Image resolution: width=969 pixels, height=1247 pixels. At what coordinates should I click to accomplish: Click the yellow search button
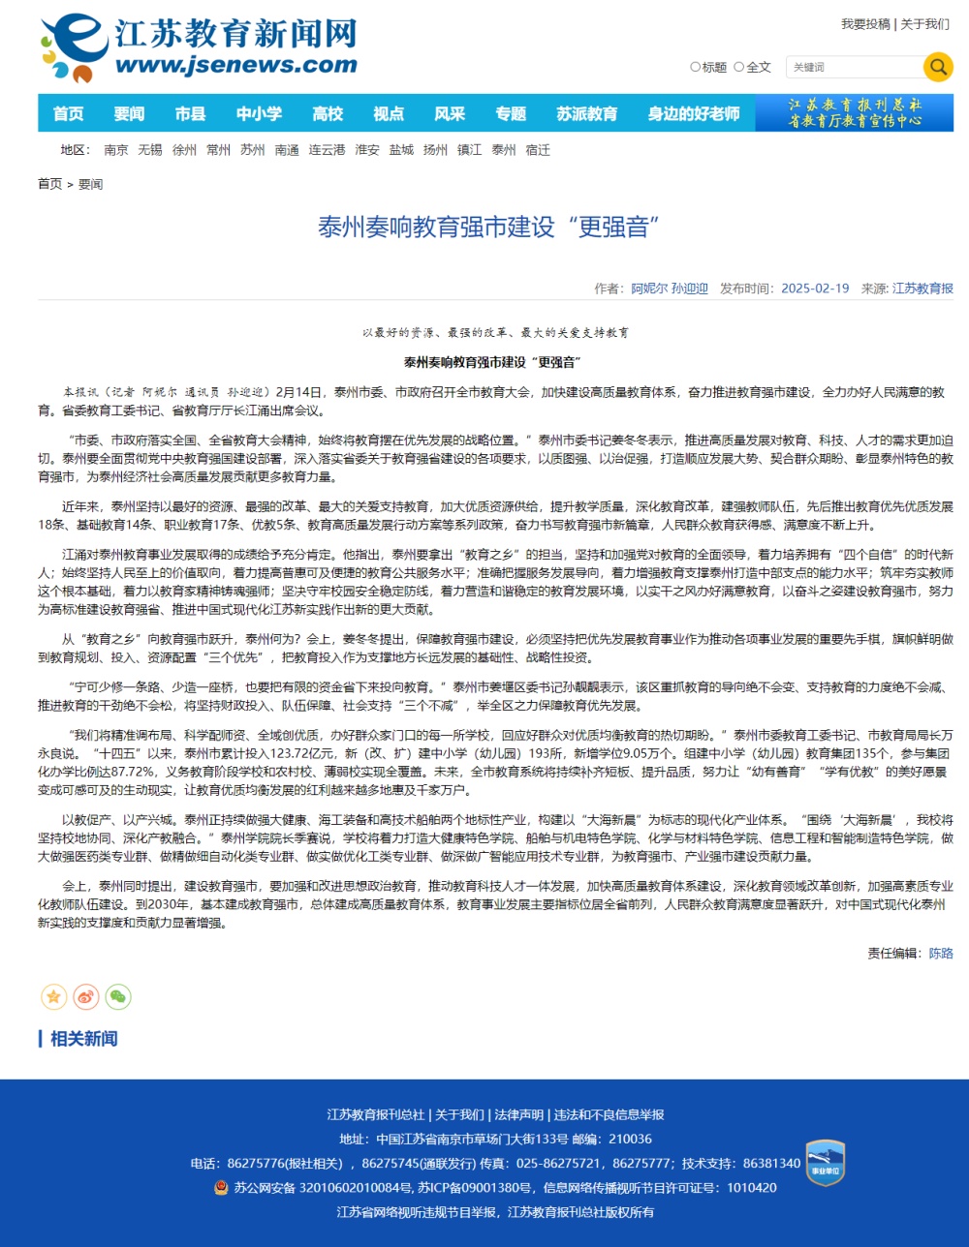coord(937,67)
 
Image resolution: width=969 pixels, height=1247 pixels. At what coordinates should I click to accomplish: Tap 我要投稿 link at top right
coord(864,24)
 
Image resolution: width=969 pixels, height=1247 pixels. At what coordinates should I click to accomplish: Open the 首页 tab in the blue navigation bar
coord(68,113)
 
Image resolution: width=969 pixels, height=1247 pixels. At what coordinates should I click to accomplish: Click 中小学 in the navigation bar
coord(259,113)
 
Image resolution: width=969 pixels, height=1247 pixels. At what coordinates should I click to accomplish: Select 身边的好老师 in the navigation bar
coord(693,113)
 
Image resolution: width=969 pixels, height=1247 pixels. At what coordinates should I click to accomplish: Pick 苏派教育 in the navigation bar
coord(586,113)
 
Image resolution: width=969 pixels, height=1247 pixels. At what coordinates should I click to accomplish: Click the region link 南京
coord(116,150)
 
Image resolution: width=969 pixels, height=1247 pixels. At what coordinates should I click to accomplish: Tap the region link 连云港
coord(327,150)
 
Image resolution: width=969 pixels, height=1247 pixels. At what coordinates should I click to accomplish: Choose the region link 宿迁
coord(537,150)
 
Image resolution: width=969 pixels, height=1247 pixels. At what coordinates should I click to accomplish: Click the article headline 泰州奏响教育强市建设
coord(488,228)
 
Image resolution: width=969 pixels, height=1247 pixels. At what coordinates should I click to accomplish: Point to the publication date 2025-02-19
coord(814,289)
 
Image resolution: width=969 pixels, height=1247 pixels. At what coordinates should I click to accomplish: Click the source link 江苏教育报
coord(922,289)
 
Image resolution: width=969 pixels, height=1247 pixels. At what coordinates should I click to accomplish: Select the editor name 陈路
coord(941,953)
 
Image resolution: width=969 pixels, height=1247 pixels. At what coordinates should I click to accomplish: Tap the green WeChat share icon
coord(118,996)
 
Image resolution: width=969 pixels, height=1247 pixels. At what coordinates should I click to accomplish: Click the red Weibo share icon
coord(86,996)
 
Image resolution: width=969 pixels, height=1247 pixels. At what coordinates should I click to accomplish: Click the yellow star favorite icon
coord(54,996)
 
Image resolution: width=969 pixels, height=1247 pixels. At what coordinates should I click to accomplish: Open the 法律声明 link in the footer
coord(518,1114)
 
